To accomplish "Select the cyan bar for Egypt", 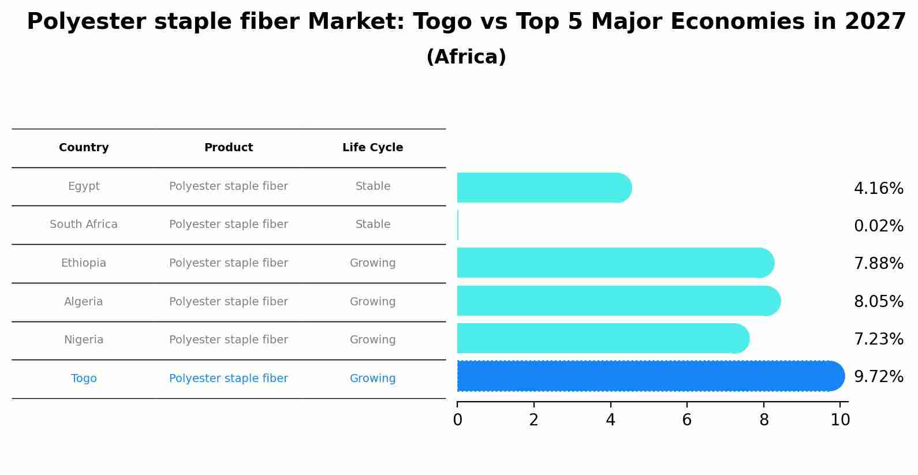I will point(543,188).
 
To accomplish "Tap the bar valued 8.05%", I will point(618,301).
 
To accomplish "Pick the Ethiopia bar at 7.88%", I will point(615,263).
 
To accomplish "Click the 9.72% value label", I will point(878,377).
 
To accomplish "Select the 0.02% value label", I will point(878,226).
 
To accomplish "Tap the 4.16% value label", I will point(878,189).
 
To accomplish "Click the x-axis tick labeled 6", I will point(686,420).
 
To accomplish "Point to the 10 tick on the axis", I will point(840,420).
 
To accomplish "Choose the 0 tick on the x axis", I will point(457,420).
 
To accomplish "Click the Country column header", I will point(84,148).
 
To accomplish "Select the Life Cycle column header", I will point(372,148).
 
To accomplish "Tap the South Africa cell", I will point(84,225).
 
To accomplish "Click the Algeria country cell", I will point(84,302).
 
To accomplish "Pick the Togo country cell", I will point(84,379).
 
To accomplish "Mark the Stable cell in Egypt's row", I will point(373,186).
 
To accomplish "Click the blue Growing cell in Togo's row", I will point(372,379).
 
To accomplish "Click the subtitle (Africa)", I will point(466,57).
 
